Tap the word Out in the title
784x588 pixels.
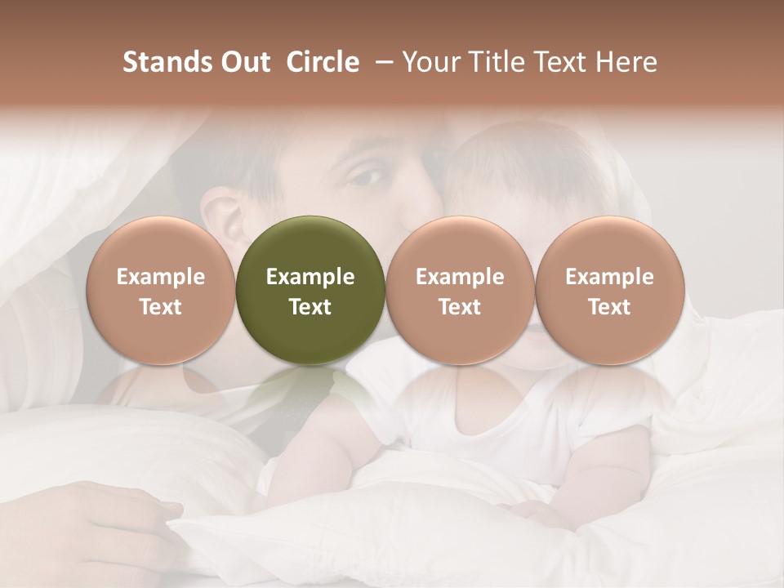243,62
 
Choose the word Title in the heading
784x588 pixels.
498,62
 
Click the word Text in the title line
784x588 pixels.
563,62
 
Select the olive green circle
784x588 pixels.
310,289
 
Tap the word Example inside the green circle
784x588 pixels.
310,277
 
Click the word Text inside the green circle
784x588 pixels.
310,307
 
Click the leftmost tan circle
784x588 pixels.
160,289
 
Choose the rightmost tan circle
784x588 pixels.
609,289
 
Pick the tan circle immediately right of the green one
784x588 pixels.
459,289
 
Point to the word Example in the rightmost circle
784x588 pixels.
609,277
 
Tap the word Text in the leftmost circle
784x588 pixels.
160,307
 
